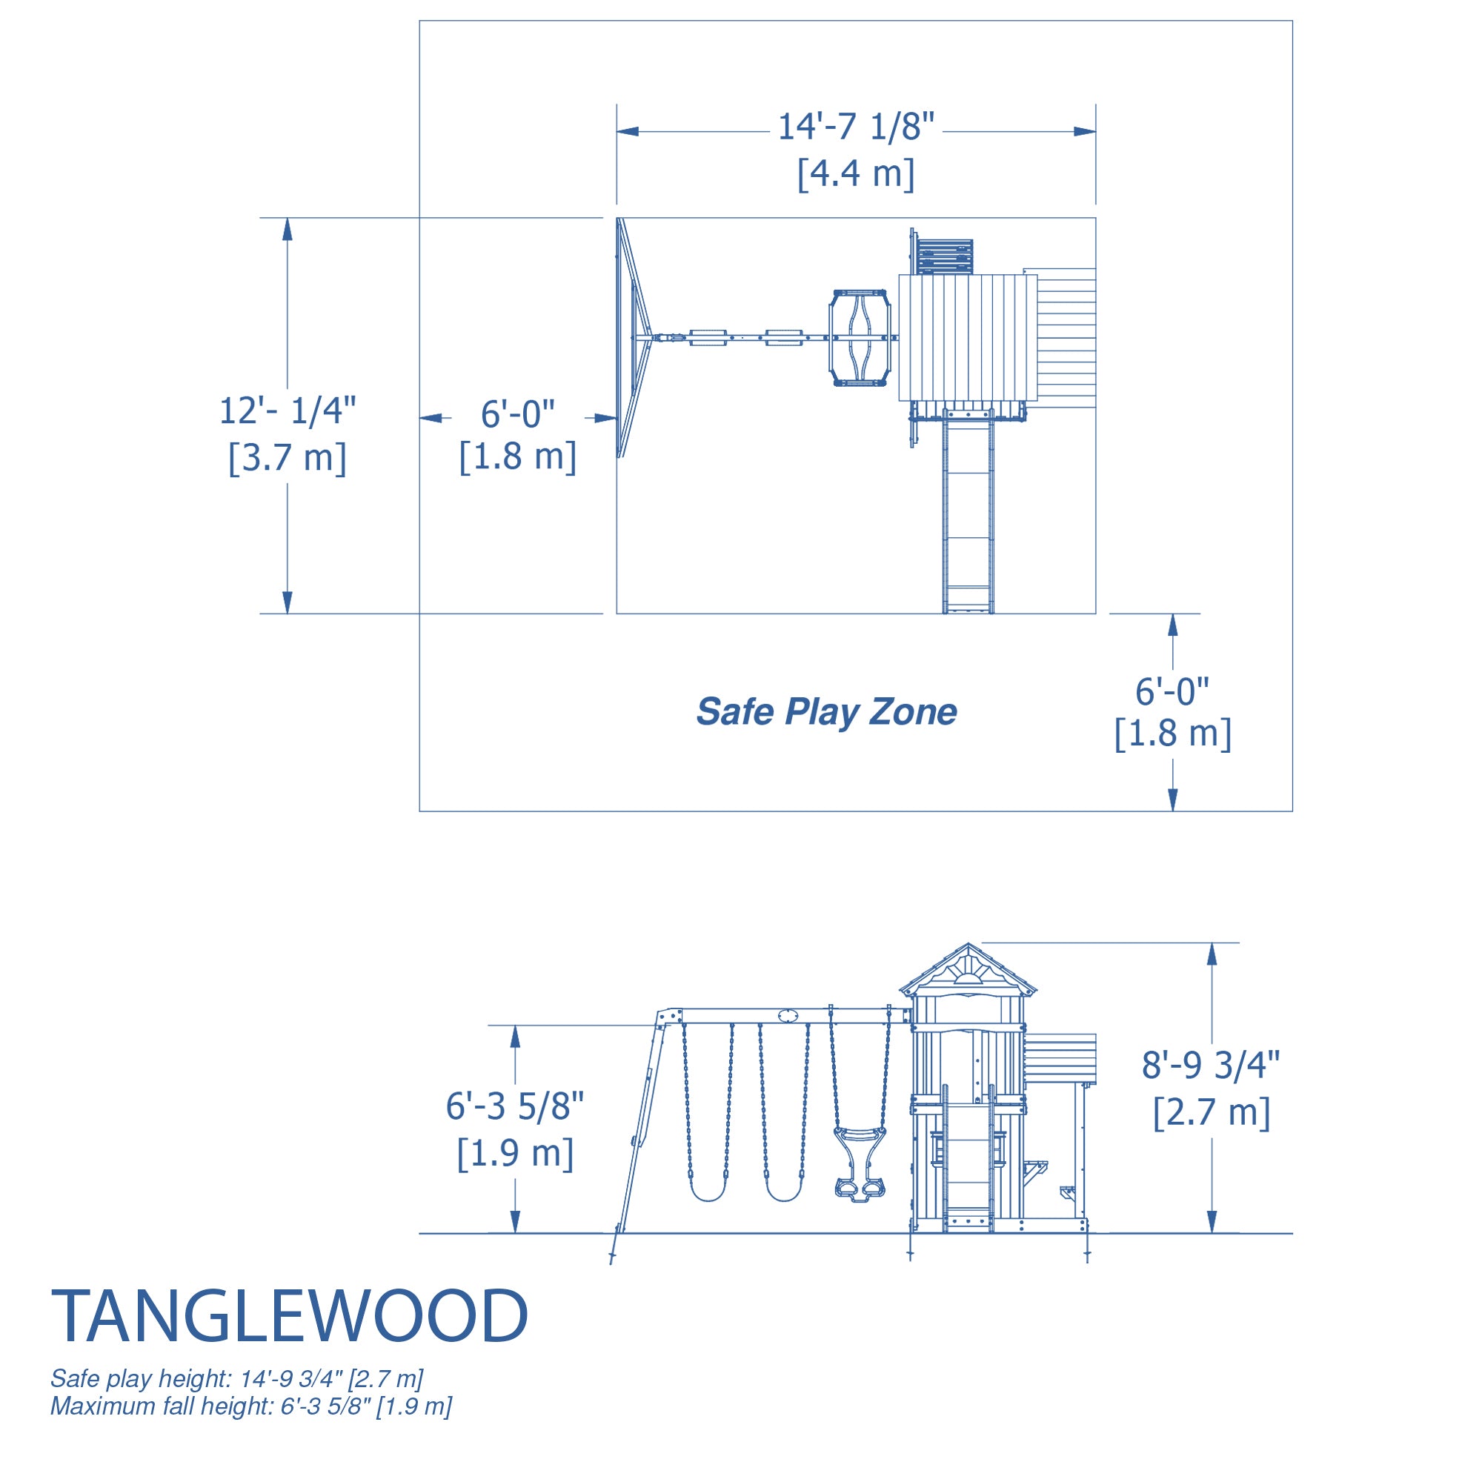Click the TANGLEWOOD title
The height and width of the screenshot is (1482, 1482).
pos(289,1316)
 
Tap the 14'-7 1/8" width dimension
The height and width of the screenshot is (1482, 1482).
pos(856,127)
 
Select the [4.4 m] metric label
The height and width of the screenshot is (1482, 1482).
pos(856,174)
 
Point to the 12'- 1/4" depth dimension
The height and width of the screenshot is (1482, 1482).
pos(288,411)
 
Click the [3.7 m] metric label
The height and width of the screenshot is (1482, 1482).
pos(288,458)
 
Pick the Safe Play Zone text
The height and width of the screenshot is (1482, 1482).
pos(826,712)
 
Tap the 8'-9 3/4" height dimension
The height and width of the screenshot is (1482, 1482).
pos(1212,1066)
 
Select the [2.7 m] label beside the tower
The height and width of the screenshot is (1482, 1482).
pos(1212,1112)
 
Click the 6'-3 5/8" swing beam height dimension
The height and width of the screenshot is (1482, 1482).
pos(515,1106)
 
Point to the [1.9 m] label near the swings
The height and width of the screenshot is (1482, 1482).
pos(515,1153)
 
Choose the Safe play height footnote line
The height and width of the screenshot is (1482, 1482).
pos(236,1379)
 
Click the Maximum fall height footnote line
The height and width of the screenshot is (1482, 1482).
pos(251,1407)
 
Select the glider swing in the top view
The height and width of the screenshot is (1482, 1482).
pos(860,337)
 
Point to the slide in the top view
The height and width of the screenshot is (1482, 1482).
pos(968,511)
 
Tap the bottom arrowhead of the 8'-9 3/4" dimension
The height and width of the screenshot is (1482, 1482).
pos(1212,1223)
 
